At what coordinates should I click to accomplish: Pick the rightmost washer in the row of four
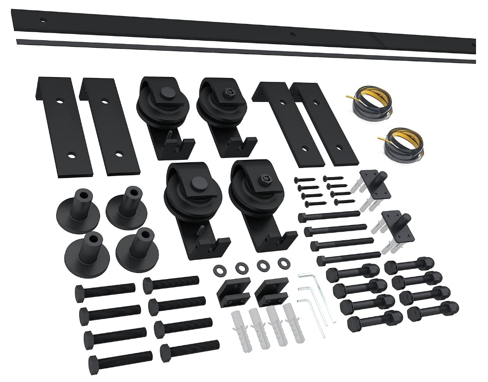tap(283, 263)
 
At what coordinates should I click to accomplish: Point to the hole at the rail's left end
tap(43, 20)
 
